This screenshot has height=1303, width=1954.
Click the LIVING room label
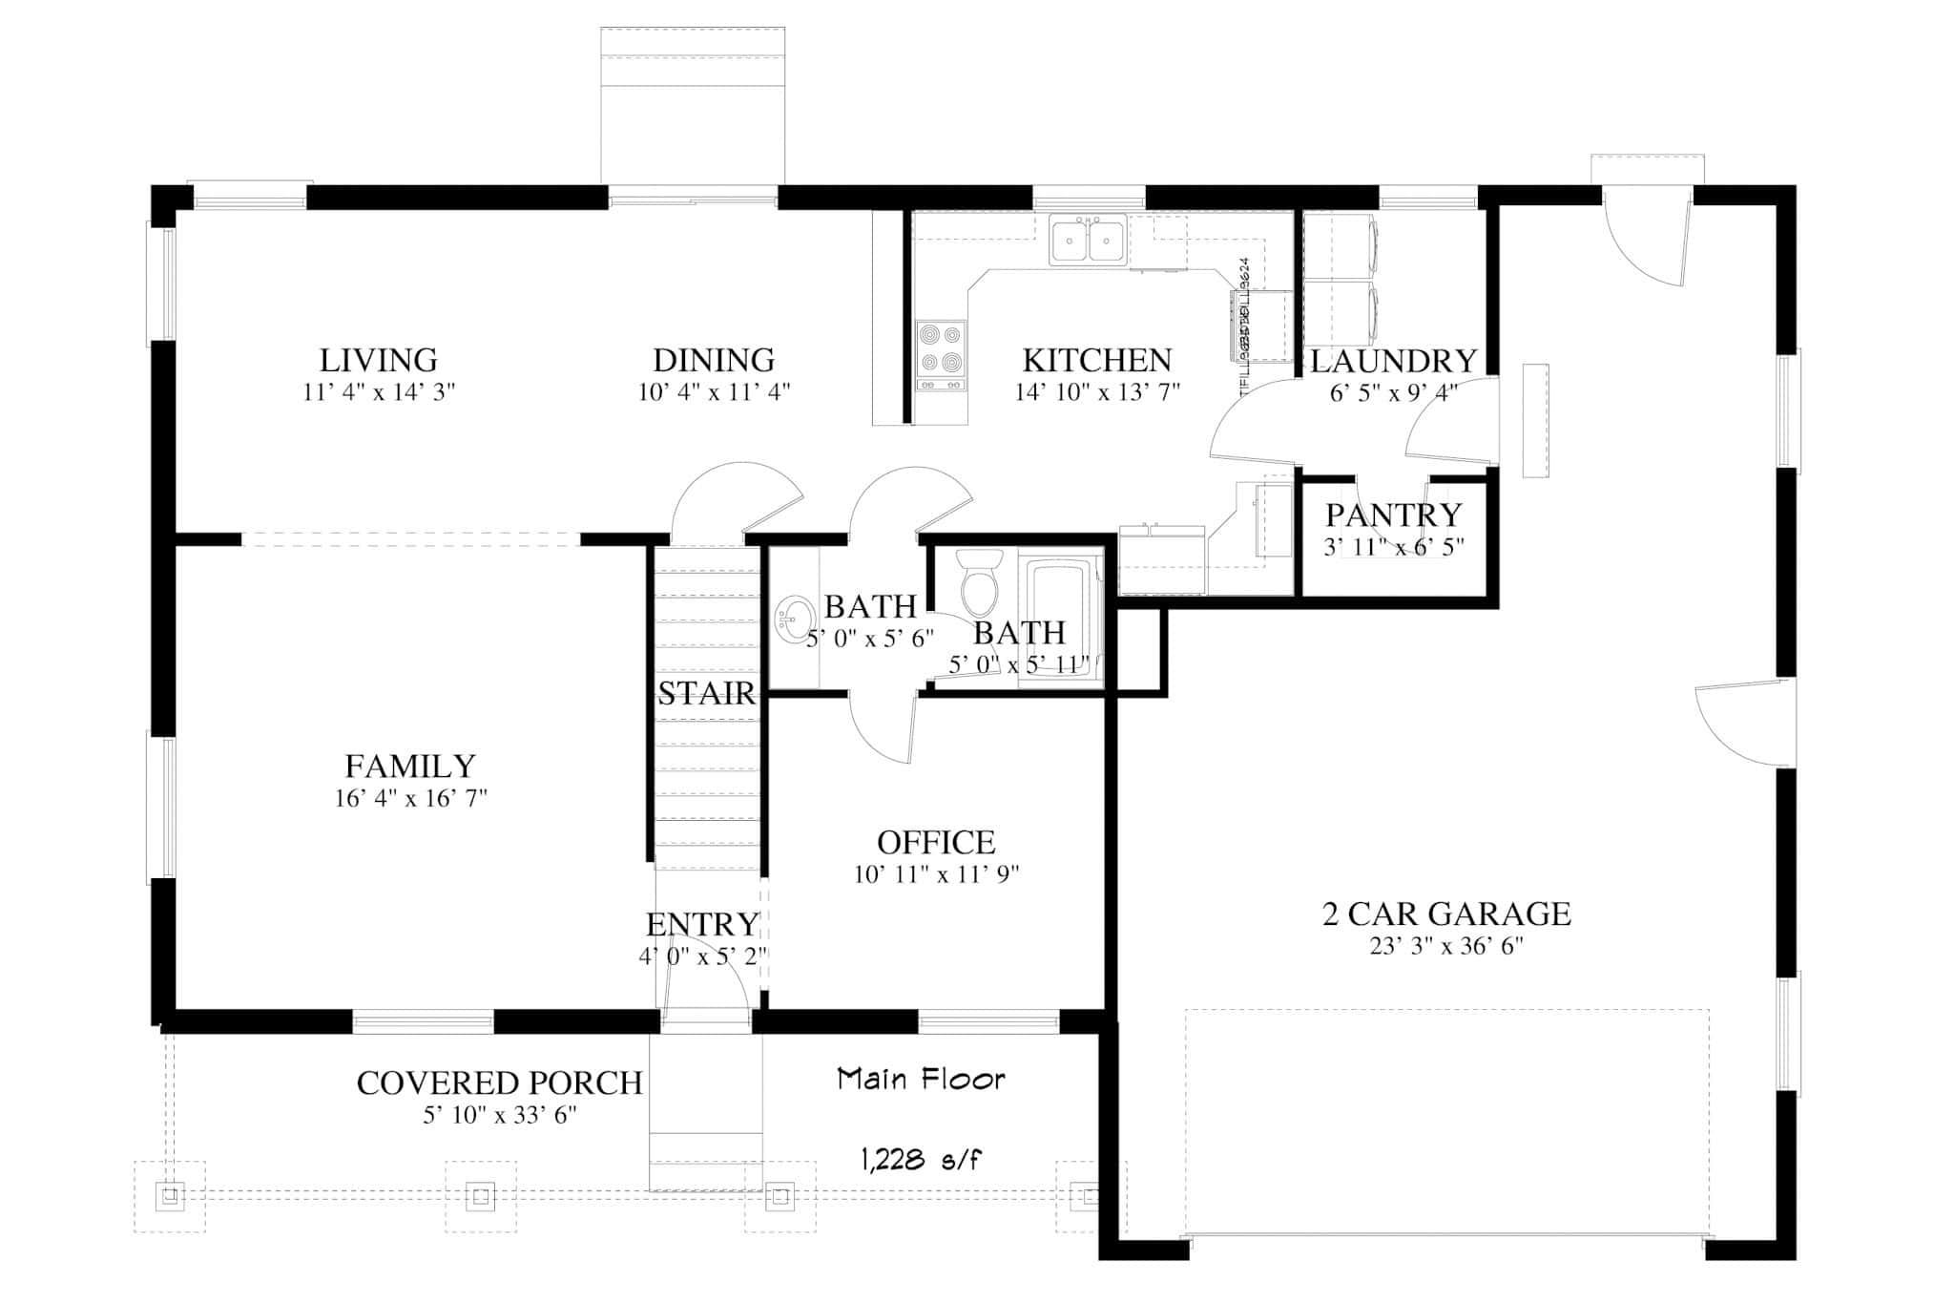pos(378,361)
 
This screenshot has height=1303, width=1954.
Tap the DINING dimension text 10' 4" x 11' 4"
pos(714,392)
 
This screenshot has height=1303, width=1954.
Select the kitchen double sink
pos(1088,239)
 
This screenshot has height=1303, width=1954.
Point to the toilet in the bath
pos(978,584)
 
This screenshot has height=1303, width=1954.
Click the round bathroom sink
pos(792,620)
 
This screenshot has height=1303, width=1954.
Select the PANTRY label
pos(1393,515)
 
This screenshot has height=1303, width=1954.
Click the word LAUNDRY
pos(1393,362)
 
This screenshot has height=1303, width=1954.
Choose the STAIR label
pos(706,694)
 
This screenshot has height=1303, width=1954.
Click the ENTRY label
pos(702,925)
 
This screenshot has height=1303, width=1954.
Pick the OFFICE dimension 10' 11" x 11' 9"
pos(937,874)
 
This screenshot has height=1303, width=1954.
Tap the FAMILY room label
pos(410,767)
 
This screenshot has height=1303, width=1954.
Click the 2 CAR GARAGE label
pos(1446,914)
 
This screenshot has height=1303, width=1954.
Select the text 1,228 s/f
pos(922,1161)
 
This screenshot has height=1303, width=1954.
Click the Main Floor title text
pos(922,1080)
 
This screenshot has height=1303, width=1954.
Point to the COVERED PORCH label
pos(499,1083)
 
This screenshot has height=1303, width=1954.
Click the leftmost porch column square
pos(170,1196)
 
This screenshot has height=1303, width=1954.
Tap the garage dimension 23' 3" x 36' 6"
pos(1446,947)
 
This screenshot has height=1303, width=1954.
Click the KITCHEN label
pos(1097,361)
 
